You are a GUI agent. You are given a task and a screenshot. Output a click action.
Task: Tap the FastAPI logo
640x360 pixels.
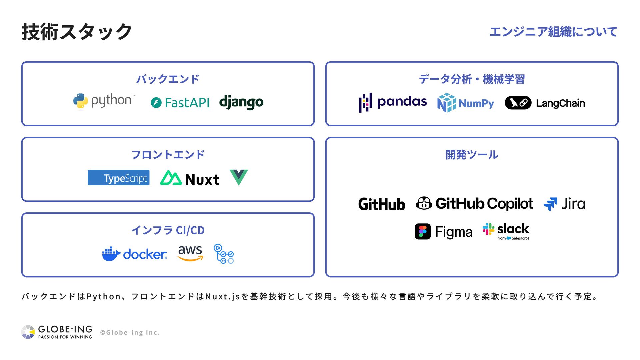point(180,103)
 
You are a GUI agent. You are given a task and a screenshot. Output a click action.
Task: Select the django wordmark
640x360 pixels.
point(241,102)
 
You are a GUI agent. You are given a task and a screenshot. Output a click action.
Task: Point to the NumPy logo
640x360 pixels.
point(465,103)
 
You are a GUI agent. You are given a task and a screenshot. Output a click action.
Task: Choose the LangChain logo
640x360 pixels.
point(545,103)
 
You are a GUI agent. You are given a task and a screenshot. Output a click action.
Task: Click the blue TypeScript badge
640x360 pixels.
point(118,178)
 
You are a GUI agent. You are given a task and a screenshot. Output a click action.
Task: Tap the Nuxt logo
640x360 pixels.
point(189,178)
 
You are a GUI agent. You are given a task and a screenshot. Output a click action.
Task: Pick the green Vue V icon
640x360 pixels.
point(239,177)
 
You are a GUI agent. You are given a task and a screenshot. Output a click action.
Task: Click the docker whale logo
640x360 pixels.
point(134,254)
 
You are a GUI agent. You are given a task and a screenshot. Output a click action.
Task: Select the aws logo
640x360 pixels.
point(190,253)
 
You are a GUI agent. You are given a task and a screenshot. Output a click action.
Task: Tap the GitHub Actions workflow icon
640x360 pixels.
point(224,254)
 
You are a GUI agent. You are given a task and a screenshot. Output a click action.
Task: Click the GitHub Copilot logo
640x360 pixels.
point(474,203)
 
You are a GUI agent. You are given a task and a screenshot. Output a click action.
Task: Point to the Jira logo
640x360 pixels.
point(564,204)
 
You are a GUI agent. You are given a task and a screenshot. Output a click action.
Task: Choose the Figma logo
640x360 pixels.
point(443,232)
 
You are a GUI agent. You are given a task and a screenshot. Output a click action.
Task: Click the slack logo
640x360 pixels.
point(506,231)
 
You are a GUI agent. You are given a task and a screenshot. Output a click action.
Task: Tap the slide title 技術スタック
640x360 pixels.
point(77,32)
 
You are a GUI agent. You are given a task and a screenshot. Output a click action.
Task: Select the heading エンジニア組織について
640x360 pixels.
point(553,32)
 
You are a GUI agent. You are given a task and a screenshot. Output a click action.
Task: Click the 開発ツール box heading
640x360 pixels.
point(472,155)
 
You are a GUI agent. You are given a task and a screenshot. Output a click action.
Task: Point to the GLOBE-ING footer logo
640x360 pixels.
point(57,332)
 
